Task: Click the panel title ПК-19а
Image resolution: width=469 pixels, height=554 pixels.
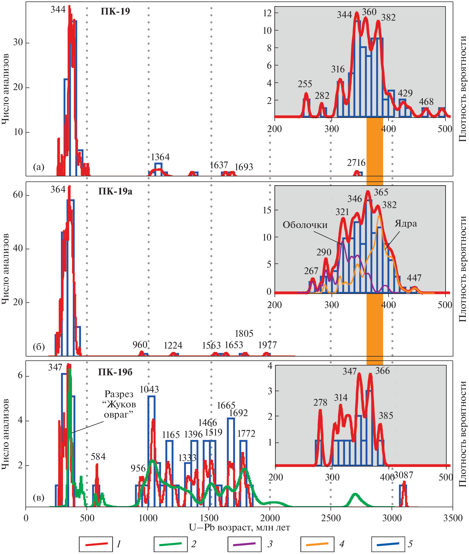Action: tap(115, 191)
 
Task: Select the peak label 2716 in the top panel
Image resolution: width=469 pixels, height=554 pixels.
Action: tap(356, 163)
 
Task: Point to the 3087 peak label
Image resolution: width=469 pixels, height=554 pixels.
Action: tap(403, 475)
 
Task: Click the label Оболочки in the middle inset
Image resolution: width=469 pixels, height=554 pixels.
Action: tap(305, 225)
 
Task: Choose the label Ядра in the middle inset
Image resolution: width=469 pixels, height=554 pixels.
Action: tap(406, 223)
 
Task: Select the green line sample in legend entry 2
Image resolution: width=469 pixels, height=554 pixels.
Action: tap(170, 544)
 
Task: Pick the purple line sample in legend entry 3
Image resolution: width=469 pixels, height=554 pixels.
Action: tap(244, 544)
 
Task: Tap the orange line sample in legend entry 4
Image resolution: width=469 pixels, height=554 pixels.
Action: tap(317, 544)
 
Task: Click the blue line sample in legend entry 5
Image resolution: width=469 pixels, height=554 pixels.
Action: tap(388, 544)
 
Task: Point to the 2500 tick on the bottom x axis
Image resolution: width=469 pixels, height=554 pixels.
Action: tap(331, 518)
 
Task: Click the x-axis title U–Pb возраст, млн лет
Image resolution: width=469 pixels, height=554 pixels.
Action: tap(239, 527)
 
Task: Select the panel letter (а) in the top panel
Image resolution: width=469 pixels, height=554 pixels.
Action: tap(39, 167)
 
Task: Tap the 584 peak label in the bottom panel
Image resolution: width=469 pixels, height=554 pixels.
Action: tap(98, 457)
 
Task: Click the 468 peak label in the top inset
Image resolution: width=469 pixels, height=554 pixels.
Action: tap(426, 101)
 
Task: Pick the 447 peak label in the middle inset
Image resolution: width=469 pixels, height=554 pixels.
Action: tap(414, 278)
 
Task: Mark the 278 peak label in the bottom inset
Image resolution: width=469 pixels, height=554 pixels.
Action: tap(320, 403)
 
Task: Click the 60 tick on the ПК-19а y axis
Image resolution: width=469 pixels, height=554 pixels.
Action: tap(18, 195)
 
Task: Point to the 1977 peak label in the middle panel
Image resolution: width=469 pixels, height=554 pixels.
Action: tap(268, 345)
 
